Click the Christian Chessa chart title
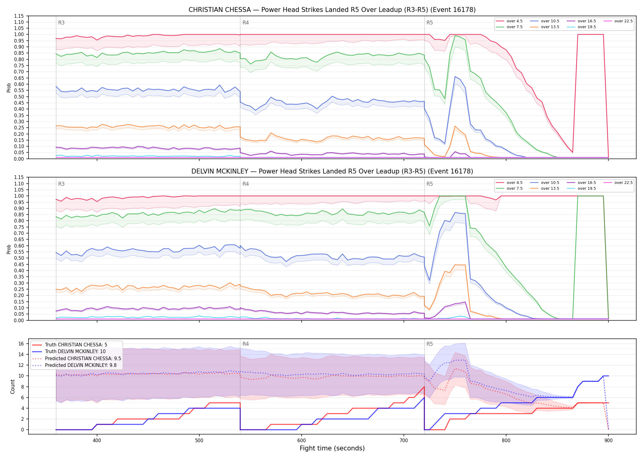332,10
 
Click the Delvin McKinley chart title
332,171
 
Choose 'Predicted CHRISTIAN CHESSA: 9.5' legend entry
77,358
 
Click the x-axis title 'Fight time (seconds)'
332,448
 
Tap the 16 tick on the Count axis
21,344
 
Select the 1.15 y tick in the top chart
19,16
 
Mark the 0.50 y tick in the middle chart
19,258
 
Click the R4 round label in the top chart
246,23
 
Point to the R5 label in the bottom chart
430,344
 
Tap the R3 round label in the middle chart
61,184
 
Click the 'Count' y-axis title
13,386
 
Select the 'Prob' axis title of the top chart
9,88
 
